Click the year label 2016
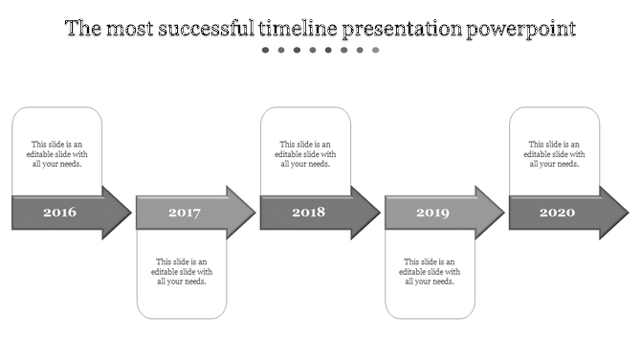(59, 213)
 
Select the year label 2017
(184, 213)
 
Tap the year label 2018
(308, 213)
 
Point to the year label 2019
(432, 213)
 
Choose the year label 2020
(557, 213)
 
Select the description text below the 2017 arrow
(182, 271)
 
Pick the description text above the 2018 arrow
(305, 153)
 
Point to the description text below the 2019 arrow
(430, 271)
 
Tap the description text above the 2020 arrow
(554, 153)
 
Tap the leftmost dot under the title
(266, 50)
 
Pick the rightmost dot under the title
(375, 50)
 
